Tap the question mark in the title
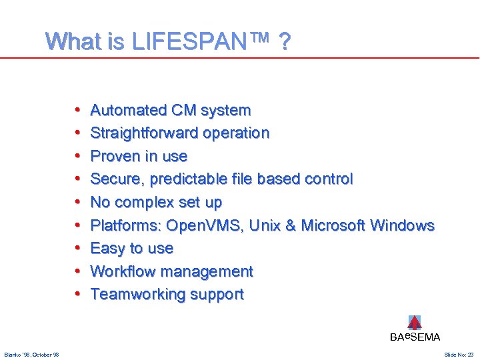tap(285, 43)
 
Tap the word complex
tap(142, 202)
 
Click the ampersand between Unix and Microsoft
tap(291, 225)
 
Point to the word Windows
tap(402, 225)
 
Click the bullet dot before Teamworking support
tap(78, 294)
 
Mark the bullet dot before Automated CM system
tap(78, 110)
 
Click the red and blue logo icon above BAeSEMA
tap(415, 323)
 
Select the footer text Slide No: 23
tap(459, 355)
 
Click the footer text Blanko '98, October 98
tap(31, 355)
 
